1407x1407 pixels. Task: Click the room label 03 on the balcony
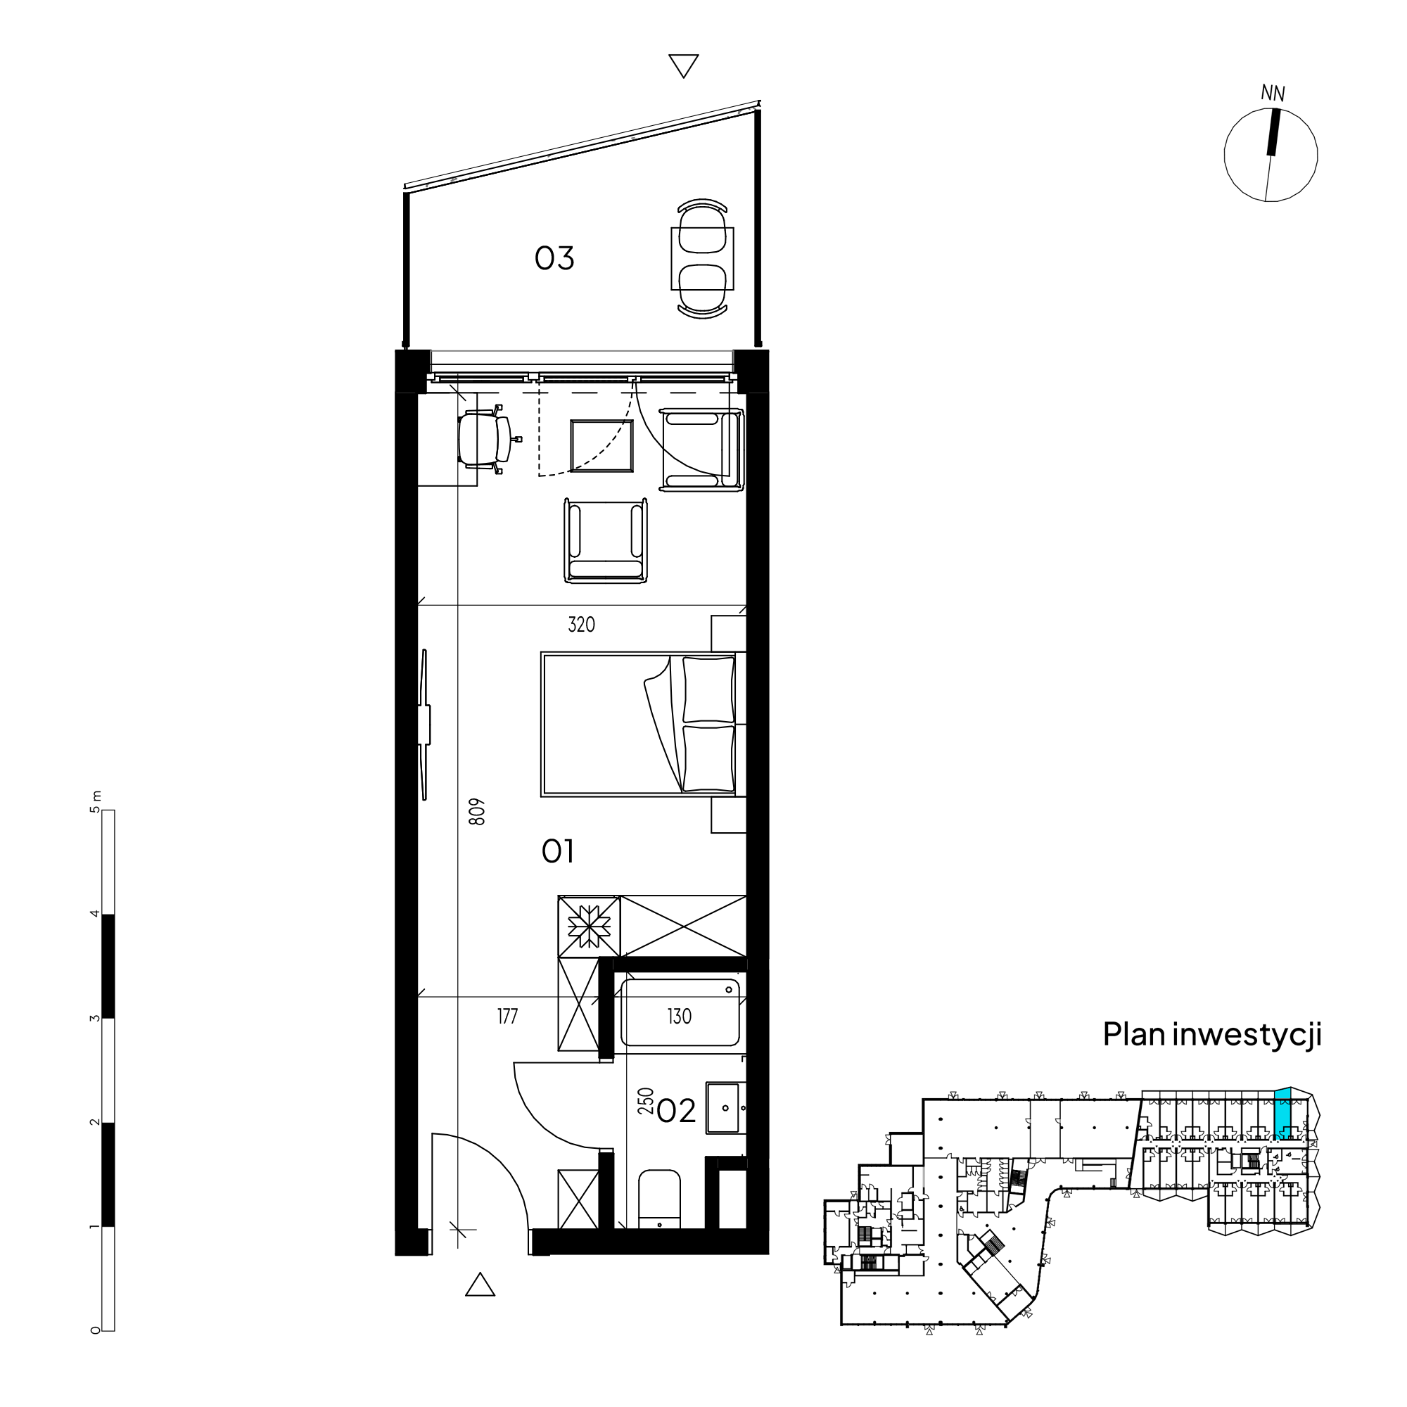pos(554,257)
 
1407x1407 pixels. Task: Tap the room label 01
pos(557,851)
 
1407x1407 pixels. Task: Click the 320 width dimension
pos(581,624)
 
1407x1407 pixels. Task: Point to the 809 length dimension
pos(477,812)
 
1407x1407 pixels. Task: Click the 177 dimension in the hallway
pos(508,1016)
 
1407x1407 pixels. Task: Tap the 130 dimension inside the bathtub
pos(679,1016)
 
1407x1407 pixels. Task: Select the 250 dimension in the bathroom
pos(645,1102)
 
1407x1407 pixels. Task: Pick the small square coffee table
pos(601,446)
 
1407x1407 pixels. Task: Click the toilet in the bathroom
pos(659,1199)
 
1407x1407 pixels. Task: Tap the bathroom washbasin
pos(725,1108)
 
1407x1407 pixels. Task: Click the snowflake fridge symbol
pos(588,927)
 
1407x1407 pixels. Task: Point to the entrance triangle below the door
pos(480,1285)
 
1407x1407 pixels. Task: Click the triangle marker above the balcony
pos(683,65)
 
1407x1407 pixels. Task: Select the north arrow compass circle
pos(1270,154)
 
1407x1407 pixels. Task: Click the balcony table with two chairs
pos(702,258)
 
